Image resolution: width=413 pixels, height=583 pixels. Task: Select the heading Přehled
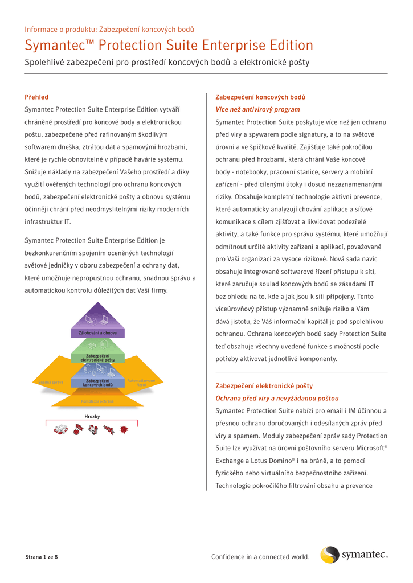click(36, 97)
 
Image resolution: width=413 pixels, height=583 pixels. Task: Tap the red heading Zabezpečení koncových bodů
click(260, 97)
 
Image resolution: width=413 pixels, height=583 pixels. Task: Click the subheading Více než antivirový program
click(257, 109)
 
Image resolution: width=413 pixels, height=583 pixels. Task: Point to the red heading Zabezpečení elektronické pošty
click(264, 386)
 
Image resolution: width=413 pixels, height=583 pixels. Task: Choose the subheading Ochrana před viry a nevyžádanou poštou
click(277, 398)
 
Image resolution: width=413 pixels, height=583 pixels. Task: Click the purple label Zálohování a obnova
click(97, 332)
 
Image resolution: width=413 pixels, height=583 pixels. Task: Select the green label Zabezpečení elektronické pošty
click(97, 358)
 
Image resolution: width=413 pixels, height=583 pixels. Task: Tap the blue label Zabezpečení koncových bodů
click(97, 383)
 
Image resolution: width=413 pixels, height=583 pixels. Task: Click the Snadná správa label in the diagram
click(51, 382)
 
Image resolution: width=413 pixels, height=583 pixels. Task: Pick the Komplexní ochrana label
click(97, 401)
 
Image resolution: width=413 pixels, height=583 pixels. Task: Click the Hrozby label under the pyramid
click(92, 417)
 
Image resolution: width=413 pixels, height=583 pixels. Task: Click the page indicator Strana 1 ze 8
click(41, 556)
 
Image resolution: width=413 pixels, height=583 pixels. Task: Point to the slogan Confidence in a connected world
click(260, 556)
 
